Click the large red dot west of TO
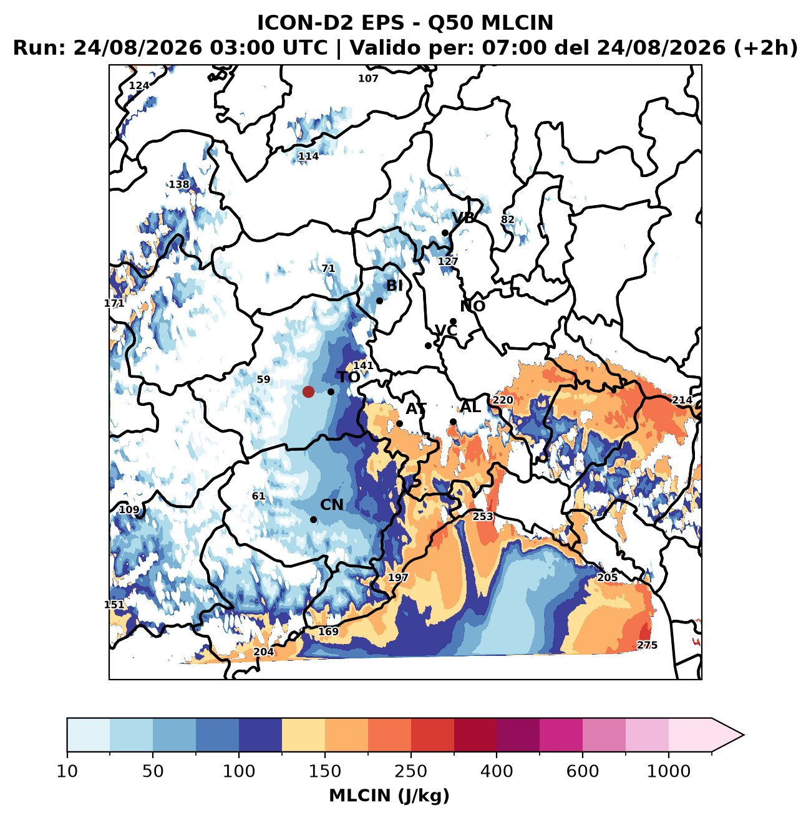pyautogui.click(x=308, y=392)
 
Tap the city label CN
pyautogui.click(x=331, y=505)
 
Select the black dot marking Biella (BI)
pyautogui.click(x=379, y=301)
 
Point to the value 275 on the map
pyautogui.click(x=646, y=645)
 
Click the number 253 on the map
pyautogui.click(x=483, y=516)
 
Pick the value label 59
pyautogui.click(x=263, y=379)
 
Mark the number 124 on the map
pyautogui.click(x=139, y=85)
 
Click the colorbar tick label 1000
pyautogui.click(x=668, y=771)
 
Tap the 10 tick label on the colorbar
pyautogui.click(x=67, y=771)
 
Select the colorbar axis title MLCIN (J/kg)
pyautogui.click(x=389, y=796)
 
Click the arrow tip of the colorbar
pyautogui.click(x=744, y=735)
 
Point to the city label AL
pyautogui.click(x=470, y=407)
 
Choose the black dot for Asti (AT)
pyautogui.click(x=399, y=423)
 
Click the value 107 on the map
pyautogui.click(x=368, y=79)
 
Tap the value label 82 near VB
pyautogui.click(x=507, y=219)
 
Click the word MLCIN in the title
pyautogui.click(x=517, y=22)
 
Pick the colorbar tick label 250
pyautogui.click(x=411, y=771)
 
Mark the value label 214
pyautogui.click(x=682, y=400)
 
